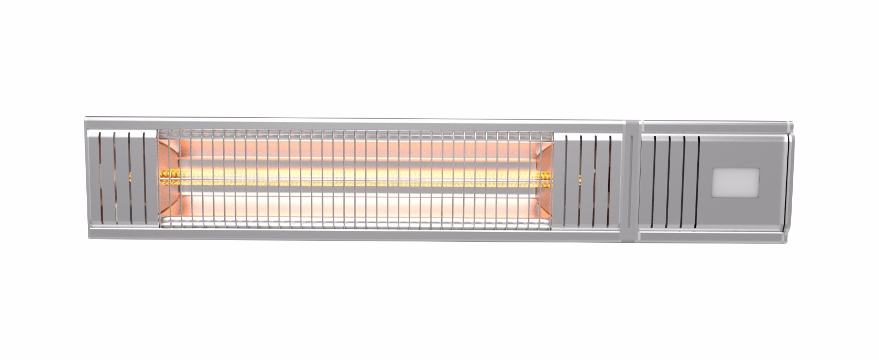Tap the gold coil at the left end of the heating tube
point(165,176)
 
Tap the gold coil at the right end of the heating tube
point(546,176)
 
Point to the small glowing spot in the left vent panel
point(130,176)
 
